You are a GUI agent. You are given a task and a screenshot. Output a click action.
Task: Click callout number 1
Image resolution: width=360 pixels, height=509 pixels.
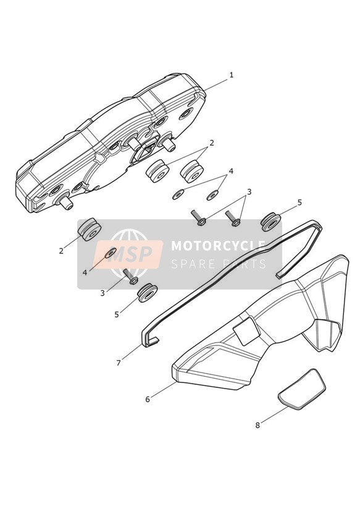pos(231,75)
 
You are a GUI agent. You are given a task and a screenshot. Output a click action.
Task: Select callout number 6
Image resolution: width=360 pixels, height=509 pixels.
pos(148,399)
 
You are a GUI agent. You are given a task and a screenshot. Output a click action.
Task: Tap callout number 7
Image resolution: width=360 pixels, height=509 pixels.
pos(119,363)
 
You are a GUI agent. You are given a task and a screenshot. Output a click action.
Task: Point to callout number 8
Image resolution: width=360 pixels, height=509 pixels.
pos(257,425)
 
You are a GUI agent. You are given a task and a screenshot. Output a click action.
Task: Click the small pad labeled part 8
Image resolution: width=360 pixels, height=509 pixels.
pos(302,389)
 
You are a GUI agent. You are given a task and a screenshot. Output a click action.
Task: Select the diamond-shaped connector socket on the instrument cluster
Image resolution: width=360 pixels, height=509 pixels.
pos(145,150)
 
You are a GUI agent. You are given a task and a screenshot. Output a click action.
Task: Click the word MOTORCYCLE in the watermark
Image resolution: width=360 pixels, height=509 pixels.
pos(218,246)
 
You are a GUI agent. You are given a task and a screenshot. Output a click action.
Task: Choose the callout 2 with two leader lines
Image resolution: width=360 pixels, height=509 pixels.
pos(211,143)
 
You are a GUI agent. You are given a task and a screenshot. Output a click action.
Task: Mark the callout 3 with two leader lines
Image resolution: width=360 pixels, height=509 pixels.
pos(249,192)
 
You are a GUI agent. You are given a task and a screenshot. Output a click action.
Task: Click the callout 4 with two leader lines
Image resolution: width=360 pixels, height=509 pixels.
pos(231,171)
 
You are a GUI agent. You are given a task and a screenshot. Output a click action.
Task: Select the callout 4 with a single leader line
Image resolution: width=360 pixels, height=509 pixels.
pos(85,272)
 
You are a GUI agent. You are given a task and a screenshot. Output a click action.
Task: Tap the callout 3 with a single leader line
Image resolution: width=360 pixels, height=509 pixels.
pos(103,293)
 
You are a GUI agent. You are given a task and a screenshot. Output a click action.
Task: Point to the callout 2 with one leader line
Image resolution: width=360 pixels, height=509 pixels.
pos(61,251)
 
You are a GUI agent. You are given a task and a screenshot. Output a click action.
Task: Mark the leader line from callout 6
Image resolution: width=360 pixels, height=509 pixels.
pos(164,389)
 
